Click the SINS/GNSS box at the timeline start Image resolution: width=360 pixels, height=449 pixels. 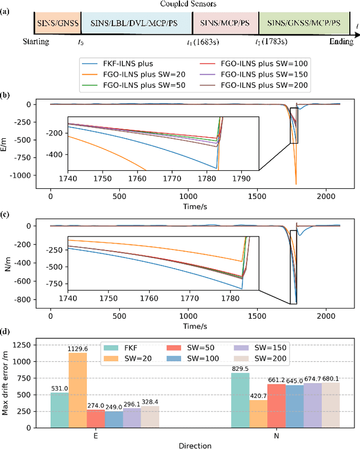(58, 24)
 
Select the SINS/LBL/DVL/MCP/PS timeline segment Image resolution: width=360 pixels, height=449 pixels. (136, 24)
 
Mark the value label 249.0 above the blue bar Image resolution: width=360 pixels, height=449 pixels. (113, 406)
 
